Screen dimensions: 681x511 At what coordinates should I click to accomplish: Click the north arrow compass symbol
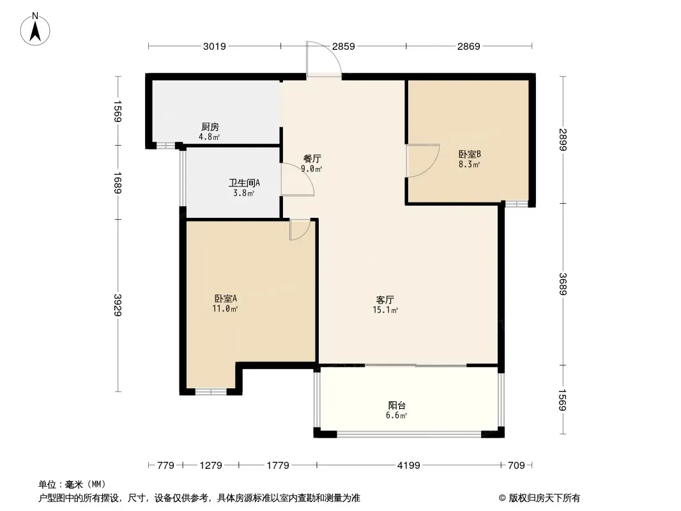tap(35, 29)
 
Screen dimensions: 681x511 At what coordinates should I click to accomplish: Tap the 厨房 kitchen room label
tap(210, 126)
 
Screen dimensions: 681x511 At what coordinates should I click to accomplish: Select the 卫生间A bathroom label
tap(244, 183)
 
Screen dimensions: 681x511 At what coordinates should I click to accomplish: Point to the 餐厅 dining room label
tap(312, 158)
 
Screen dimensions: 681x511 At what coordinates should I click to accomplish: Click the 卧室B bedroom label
tap(470, 154)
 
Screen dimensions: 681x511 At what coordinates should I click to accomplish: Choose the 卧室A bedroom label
tap(226, 299)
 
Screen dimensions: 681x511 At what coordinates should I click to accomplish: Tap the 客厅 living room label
tap(385, 300)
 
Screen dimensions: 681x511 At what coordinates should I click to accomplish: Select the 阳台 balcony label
tap(397, 406)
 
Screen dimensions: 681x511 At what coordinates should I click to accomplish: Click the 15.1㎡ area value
tap(385, 310)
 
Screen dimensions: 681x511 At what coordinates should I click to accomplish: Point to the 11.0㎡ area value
tap(225, 309)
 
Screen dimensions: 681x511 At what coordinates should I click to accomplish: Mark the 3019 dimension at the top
tap(215, 46)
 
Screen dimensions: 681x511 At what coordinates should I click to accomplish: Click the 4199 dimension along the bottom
tap(409, 466)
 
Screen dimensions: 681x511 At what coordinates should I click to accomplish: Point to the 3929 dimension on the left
tap(118, 305)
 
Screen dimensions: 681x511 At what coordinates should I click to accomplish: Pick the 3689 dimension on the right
tap(563, 284)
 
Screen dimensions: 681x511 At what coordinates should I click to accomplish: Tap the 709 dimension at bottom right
tap(516, 466)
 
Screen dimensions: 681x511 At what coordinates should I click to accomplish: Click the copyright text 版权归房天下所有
tap(544, 498)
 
